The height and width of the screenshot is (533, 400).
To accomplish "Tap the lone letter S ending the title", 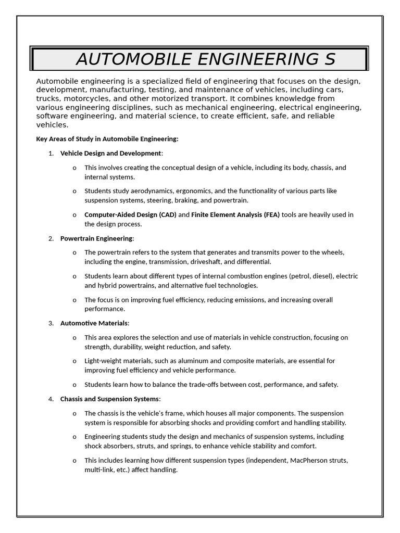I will [x=329, y=59].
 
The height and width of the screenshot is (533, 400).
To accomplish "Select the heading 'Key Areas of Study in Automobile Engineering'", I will [x=107, y=139].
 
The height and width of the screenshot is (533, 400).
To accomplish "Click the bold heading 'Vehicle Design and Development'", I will [x=110, y=153].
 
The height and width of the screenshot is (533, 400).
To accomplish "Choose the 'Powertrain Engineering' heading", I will [x=96, y=238].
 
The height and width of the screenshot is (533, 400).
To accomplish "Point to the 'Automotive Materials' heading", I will [x=94, y=323].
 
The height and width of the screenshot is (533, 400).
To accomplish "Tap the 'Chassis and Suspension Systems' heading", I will [x=109, y=399].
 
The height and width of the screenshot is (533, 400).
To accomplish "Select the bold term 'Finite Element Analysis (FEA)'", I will [x=235, y=214].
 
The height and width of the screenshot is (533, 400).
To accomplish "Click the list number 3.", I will [x=51, y=323].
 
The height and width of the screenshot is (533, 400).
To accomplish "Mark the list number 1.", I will [x=51, y=153].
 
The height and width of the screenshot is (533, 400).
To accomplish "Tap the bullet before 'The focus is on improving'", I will [x=74, y=300].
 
